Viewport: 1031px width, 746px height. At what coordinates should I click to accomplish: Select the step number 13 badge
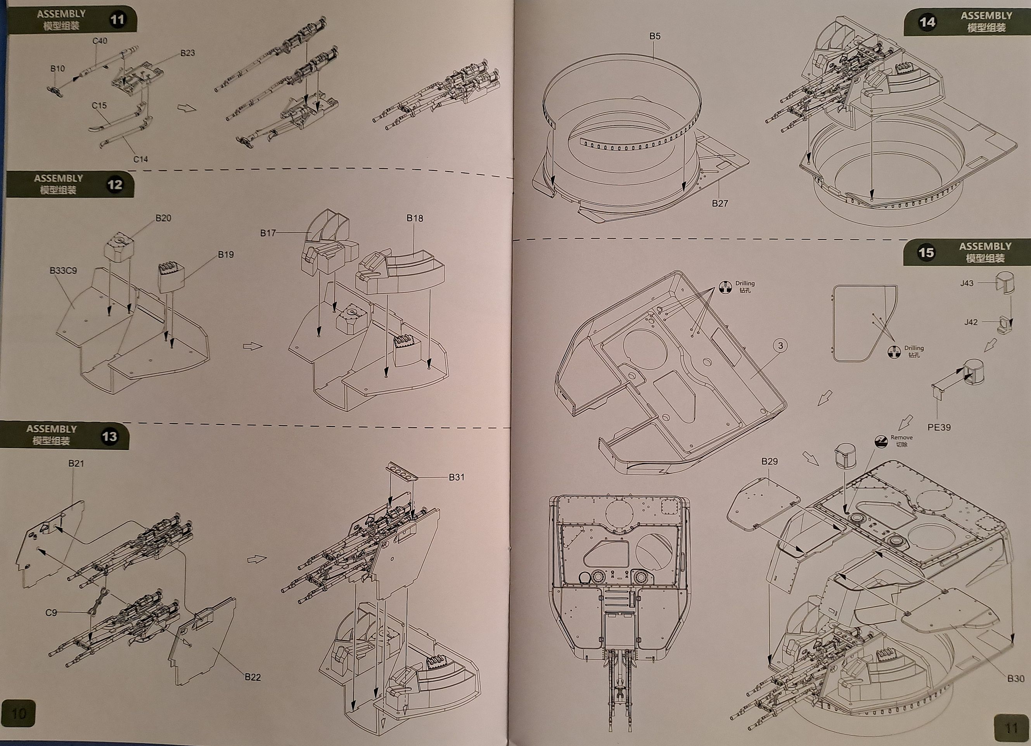[109, 437]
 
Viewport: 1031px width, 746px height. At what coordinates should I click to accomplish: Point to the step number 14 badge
[927, 22]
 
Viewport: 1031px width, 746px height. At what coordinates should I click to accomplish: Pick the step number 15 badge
[926, 252]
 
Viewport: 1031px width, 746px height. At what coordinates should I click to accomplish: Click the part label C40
[100, 41]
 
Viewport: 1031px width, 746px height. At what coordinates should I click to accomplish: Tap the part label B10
[57, 69]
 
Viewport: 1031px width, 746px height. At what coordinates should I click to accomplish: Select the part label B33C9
[63, 271]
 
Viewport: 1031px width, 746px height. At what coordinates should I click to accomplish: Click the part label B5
[655, 36]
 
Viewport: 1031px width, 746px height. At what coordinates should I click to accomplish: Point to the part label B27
[720, 203]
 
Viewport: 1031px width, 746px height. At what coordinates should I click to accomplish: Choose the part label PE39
[939, 427]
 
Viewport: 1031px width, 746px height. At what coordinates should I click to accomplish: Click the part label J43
[967, 283]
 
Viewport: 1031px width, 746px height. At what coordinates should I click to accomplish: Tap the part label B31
[457, 477]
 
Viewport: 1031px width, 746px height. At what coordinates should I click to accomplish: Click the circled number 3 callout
[780, 346]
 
